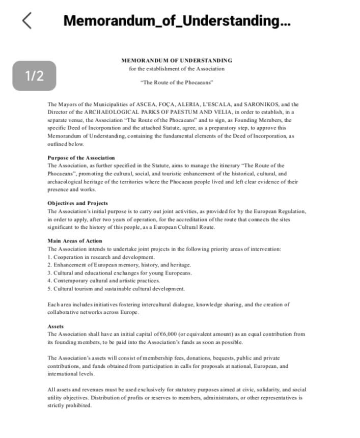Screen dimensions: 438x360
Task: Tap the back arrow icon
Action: pos(27,20)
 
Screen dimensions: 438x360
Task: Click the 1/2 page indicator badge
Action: pos(34,76)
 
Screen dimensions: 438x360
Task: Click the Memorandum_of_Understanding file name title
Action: pos(177,20)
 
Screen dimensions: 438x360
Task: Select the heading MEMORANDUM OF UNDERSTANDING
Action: pos(177,60)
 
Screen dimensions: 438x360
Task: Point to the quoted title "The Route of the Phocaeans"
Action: pos(177,82)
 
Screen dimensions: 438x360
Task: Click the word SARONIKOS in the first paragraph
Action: pos(259,104)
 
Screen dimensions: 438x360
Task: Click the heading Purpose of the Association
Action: pos(81,158)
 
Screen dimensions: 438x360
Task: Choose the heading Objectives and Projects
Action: pos(77,203)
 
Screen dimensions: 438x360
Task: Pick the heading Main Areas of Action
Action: pos(75,241)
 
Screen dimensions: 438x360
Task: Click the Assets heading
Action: pos(56,326)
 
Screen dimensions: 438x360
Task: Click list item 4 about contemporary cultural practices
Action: pos(103,281)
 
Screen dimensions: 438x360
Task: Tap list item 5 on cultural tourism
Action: pos(116,289)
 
